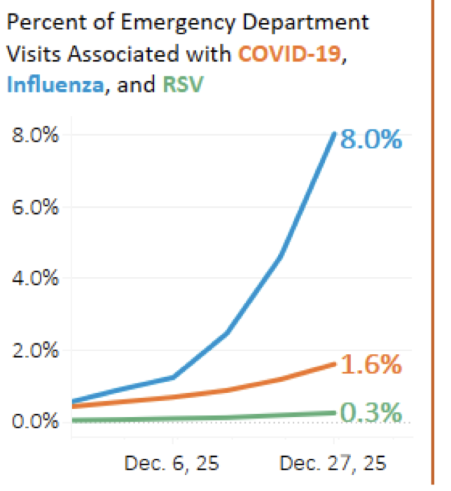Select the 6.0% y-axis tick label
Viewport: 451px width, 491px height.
pos(35,208)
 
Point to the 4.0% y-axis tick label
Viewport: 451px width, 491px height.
pos(35,279)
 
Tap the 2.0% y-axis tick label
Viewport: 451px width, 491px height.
pos(35,350)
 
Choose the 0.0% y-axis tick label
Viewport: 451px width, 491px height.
pos(35,422)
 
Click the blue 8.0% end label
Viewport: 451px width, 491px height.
pos(370,139)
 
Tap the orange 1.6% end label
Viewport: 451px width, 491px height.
pos(370,364)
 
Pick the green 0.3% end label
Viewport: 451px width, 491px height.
pos(370,412)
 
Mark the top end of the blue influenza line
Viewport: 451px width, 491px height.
pos(334,133)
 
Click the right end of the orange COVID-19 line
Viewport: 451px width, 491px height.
pos(334,363)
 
